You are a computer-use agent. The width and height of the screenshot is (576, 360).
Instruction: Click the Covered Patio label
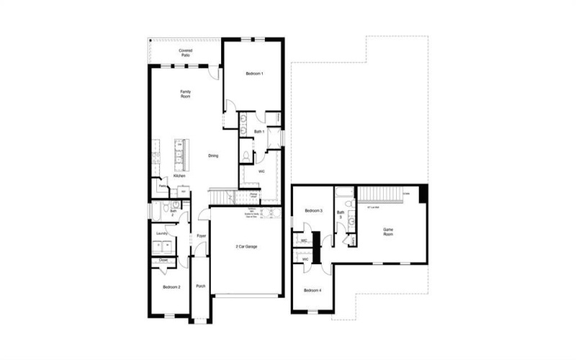(x=185, y=53)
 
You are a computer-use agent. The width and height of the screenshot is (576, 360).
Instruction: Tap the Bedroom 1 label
(x=254, y=74)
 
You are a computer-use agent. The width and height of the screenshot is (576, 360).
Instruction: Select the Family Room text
(x=185, y=94)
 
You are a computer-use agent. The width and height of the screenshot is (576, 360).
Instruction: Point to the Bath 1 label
(x=259, y=132)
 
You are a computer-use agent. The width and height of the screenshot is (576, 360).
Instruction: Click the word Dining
(x=213, y=156)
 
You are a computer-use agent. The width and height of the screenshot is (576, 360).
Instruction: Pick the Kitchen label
(x=179, y=176)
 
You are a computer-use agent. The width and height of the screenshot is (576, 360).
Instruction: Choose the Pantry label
(x=163, y=186)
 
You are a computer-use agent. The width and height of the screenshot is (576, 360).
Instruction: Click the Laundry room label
(x=162, y=233)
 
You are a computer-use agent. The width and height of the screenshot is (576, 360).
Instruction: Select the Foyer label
(x=202, y=235)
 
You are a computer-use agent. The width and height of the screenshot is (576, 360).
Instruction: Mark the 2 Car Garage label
(x=246, y=246)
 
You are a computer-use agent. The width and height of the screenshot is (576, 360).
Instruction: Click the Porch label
(x=200, y=286)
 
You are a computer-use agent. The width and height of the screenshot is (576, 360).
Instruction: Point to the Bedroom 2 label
(x=171, y=287)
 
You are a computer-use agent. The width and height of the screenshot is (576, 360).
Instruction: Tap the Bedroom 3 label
(x=312, y=210)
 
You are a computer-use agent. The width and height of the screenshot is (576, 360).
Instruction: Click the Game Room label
(x=388, y=232)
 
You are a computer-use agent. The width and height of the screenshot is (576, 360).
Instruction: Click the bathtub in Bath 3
(x=344, y=191)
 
